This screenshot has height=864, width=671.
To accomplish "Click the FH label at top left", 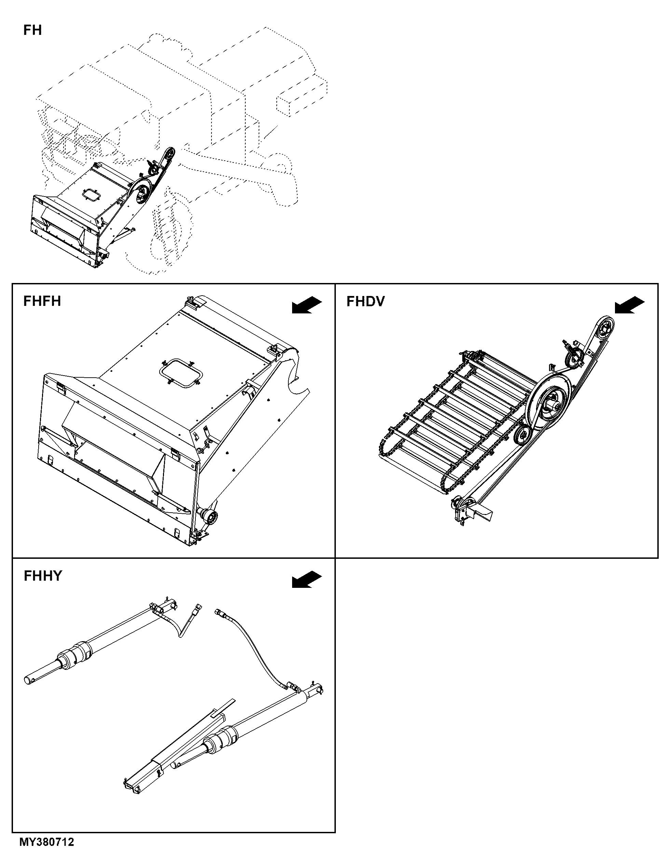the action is pos(32,30).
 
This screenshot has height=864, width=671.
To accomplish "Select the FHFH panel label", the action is pos(42,301).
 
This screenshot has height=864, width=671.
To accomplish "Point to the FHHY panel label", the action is pos(43,576).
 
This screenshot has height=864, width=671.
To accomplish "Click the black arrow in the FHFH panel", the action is pos(307,305).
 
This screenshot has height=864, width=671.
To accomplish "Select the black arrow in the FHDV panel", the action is pos(629,305).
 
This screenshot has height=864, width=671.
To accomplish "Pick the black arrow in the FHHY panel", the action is pos(307,579).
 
